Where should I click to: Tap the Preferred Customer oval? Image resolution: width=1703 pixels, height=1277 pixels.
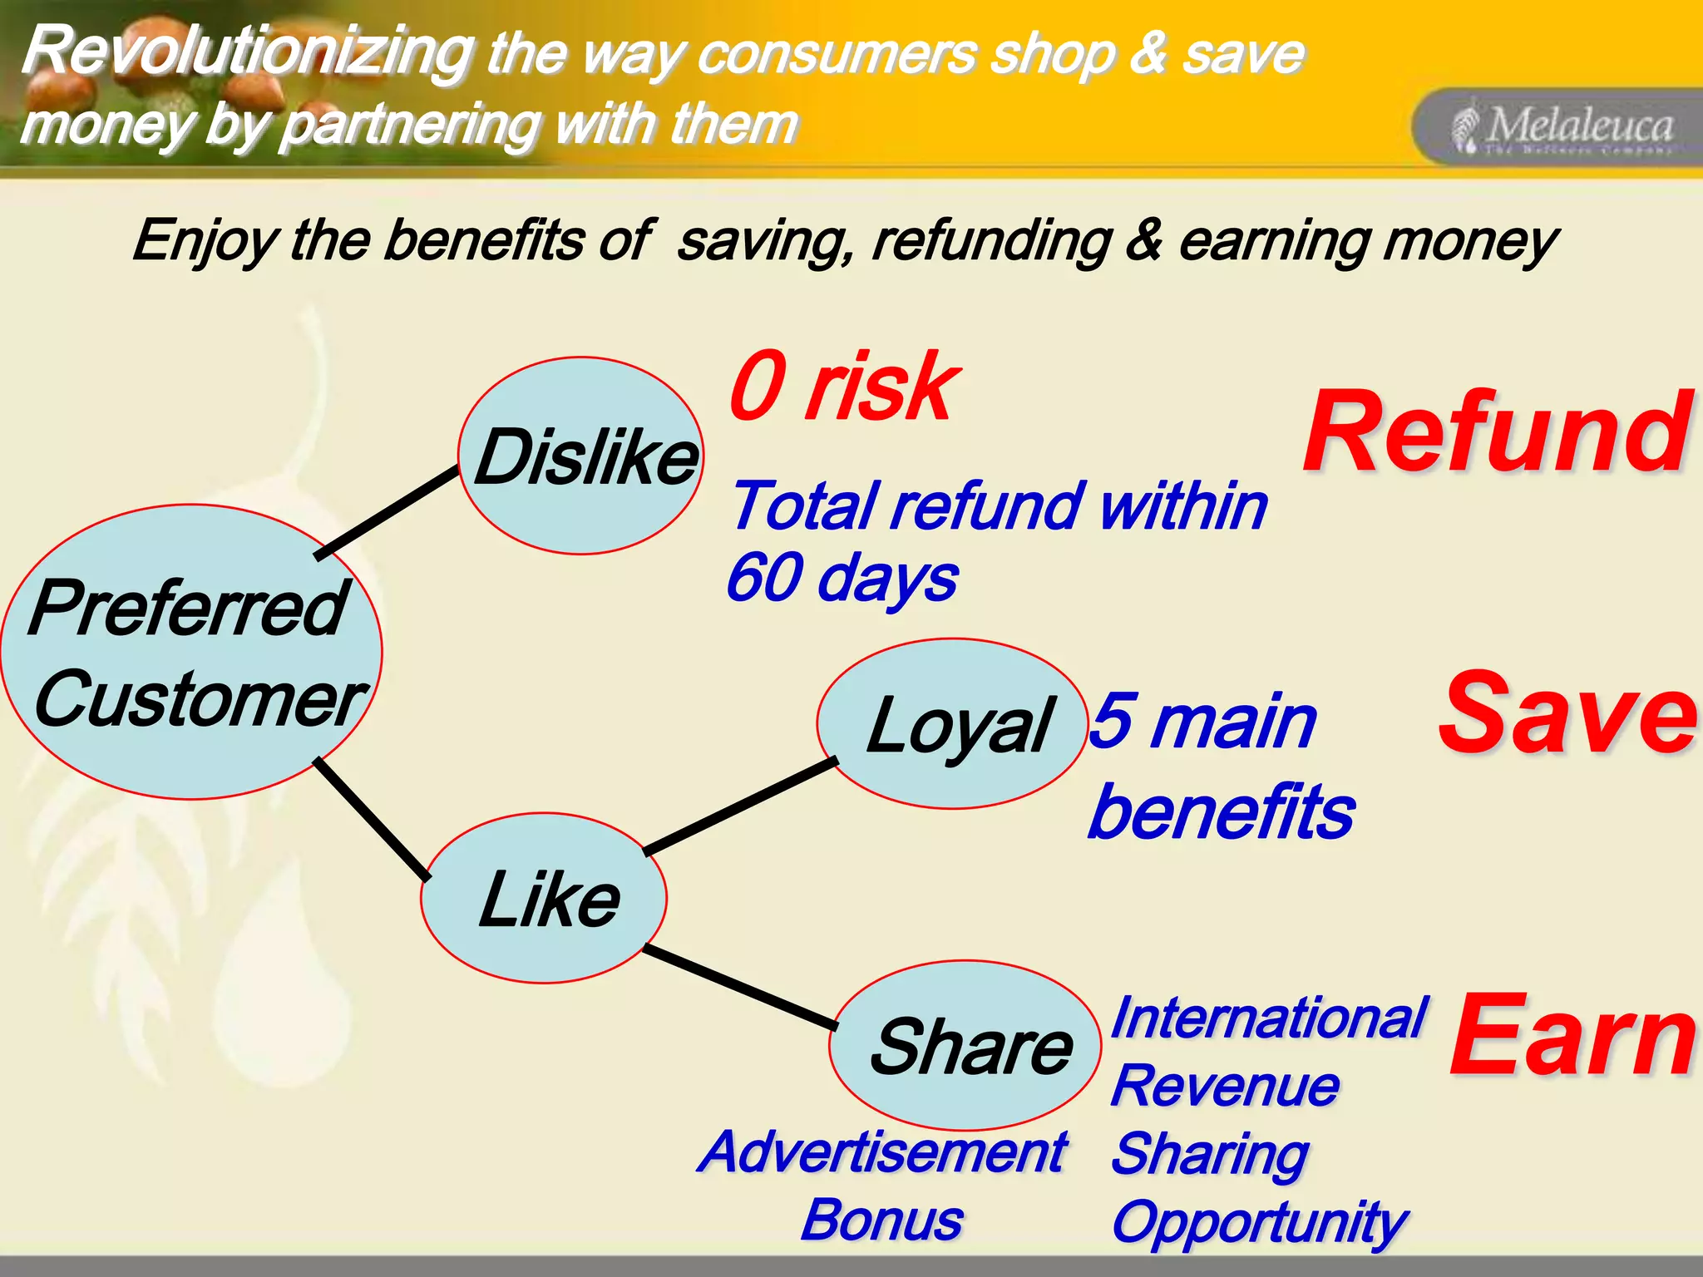(191, 653)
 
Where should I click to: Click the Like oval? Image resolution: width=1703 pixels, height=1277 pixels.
(545, 899)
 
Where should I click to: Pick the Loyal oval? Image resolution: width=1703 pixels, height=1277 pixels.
(953, 724)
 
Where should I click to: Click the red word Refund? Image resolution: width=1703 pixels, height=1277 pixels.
(1497, 434)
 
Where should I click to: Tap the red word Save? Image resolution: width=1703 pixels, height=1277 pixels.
(1567, 715)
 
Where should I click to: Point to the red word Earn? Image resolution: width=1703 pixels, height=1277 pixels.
(1572, 1036)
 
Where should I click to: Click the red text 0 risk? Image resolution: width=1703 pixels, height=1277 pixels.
(844, 387)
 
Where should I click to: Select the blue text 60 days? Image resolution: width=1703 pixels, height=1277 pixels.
(842, 578)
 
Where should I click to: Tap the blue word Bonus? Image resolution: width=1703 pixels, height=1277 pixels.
(881, 1220)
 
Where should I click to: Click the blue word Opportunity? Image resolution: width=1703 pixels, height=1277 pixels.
(1258, 1223)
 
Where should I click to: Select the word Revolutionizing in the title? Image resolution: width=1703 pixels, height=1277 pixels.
(248, 52)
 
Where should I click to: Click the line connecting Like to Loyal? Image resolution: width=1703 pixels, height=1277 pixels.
(740, 806)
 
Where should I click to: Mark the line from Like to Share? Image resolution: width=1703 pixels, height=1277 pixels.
(740, 987)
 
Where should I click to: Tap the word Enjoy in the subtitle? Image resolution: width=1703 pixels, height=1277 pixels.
(204, 241)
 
